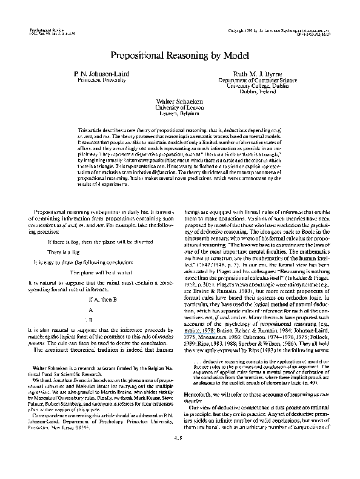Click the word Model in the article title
(233, 56)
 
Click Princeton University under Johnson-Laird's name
(101, 79)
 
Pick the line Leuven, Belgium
(179, 113)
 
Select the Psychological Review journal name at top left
(43, 28)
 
